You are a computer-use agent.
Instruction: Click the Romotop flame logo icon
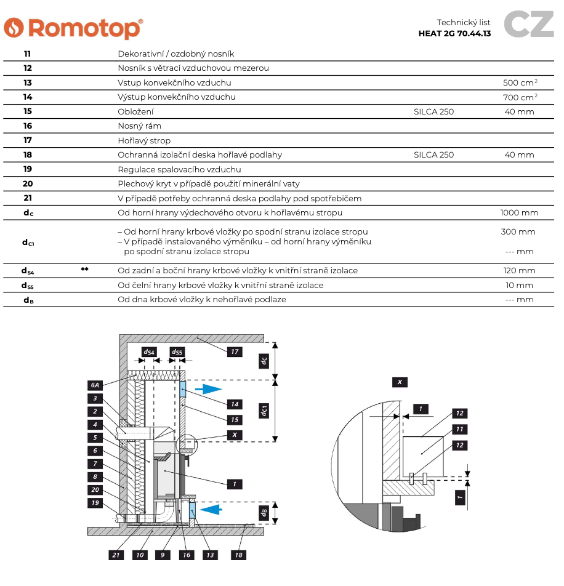(x=14, y=28)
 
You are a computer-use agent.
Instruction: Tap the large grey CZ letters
(x=529, y=24)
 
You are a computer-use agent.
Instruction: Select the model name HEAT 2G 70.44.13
(x=454, y=34)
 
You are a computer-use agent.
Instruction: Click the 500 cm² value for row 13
(x=520, y=82)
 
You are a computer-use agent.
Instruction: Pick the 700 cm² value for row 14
(x=520, y=97)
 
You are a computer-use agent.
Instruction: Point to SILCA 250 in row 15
(x=433, y=112)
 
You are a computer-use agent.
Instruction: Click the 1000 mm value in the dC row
(x=519, y=212)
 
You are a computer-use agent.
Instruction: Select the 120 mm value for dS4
(x=519, y=271)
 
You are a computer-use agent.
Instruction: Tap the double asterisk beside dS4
(x=85, y=269)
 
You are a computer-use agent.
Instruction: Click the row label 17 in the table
(x=28, y=140)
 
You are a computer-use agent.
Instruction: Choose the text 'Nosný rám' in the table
(x=139, y=126)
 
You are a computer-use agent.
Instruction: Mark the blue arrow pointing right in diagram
(x=209, y=389)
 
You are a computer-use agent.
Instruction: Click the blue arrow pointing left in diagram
(x=211, y=509)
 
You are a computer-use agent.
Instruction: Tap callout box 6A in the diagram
(x=95, y=385)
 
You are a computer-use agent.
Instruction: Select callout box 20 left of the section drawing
(x=95, y=489)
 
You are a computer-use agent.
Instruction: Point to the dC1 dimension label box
(x=264, y=411)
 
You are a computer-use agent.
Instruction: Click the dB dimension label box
(x=264, y=512)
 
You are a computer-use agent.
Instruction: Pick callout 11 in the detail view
(x=460, y=429)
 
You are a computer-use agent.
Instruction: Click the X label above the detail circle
(x=400, y=382)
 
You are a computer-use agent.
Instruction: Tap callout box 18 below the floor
(x=238, y=555)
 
